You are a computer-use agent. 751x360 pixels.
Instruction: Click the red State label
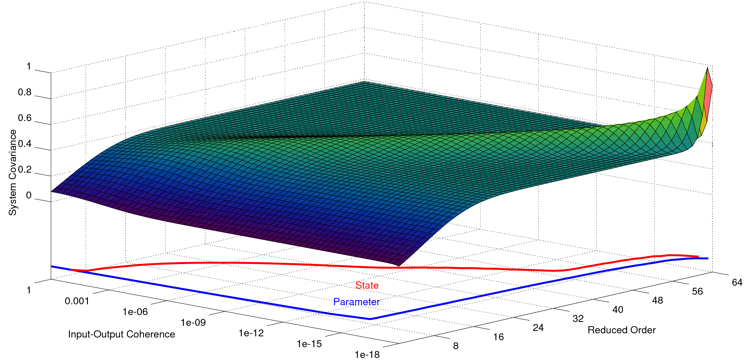[x=367, y=285]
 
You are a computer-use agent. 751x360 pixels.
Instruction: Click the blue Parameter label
[x=356, y=302]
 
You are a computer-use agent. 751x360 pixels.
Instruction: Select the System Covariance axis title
[x=13, y=172]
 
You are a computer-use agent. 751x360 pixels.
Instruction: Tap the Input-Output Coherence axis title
[x=121, y=334]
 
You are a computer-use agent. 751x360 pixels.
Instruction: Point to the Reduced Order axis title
[x=621, y=330]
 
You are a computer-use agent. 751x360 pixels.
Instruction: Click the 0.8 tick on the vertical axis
[x=25, y=92]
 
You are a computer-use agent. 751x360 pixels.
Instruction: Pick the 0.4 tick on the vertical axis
[x=25, y=144]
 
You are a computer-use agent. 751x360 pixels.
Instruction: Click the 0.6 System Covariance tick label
[x=25, y=118]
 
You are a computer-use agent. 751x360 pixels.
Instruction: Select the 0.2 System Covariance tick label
[x=25, y=169]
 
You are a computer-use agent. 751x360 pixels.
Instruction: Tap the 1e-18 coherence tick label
[x=367, y=355]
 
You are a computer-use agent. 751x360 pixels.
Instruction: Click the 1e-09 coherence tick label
[x=193, y=323]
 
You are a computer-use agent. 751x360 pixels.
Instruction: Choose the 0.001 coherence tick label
[x=77, y=301]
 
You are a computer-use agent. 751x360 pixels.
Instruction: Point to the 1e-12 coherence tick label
[x=251, y=333]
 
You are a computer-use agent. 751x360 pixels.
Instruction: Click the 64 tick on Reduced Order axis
[x=737, y=282]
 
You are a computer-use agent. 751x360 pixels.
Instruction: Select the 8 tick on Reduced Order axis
[x=456, y=346]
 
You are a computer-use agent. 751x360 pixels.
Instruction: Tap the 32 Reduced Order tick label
[x=578, y=318]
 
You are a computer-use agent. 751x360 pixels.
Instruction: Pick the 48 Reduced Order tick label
[x=657, y=300]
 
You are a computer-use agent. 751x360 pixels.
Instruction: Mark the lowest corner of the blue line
[x=370, y=319]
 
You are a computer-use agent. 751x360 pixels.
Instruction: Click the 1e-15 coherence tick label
[x=309, y=344]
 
